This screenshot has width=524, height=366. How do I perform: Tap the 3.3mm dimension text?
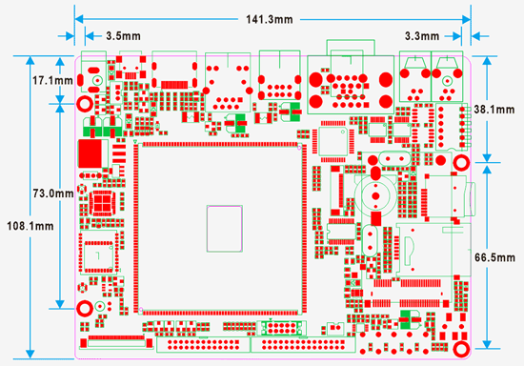pos(422,35)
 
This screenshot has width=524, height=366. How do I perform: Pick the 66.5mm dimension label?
pos(494,258)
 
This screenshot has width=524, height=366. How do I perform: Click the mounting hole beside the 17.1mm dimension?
pos(85,104)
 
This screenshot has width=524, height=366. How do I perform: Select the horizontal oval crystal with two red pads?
pos(391,158)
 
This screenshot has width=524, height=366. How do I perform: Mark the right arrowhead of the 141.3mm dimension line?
pos(467,19)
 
